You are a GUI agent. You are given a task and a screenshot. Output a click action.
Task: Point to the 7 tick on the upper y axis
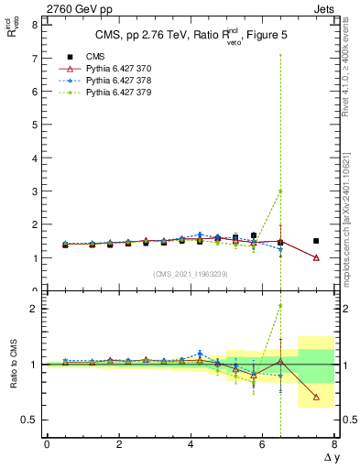(34, 59)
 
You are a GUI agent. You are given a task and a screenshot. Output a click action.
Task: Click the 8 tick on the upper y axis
(34, 26)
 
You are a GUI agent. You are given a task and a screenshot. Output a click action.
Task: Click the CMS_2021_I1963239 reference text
(191, 274)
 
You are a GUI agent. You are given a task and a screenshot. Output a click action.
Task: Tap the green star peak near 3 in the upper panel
(280, 191)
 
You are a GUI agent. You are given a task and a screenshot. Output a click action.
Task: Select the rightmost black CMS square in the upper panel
(316, 241)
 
